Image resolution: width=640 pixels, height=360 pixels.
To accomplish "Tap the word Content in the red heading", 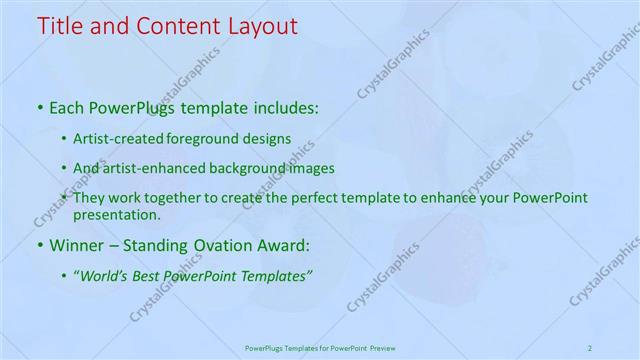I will click(x=174, y=27).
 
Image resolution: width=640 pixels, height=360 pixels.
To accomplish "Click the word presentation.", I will click(x=116, y=214).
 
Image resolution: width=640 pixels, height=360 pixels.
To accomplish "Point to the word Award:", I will click(x=283, y=244).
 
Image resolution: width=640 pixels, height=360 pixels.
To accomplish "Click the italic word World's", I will click(x=103, y=275).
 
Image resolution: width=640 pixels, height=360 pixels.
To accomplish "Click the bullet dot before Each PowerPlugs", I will click(x=39, y=108).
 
